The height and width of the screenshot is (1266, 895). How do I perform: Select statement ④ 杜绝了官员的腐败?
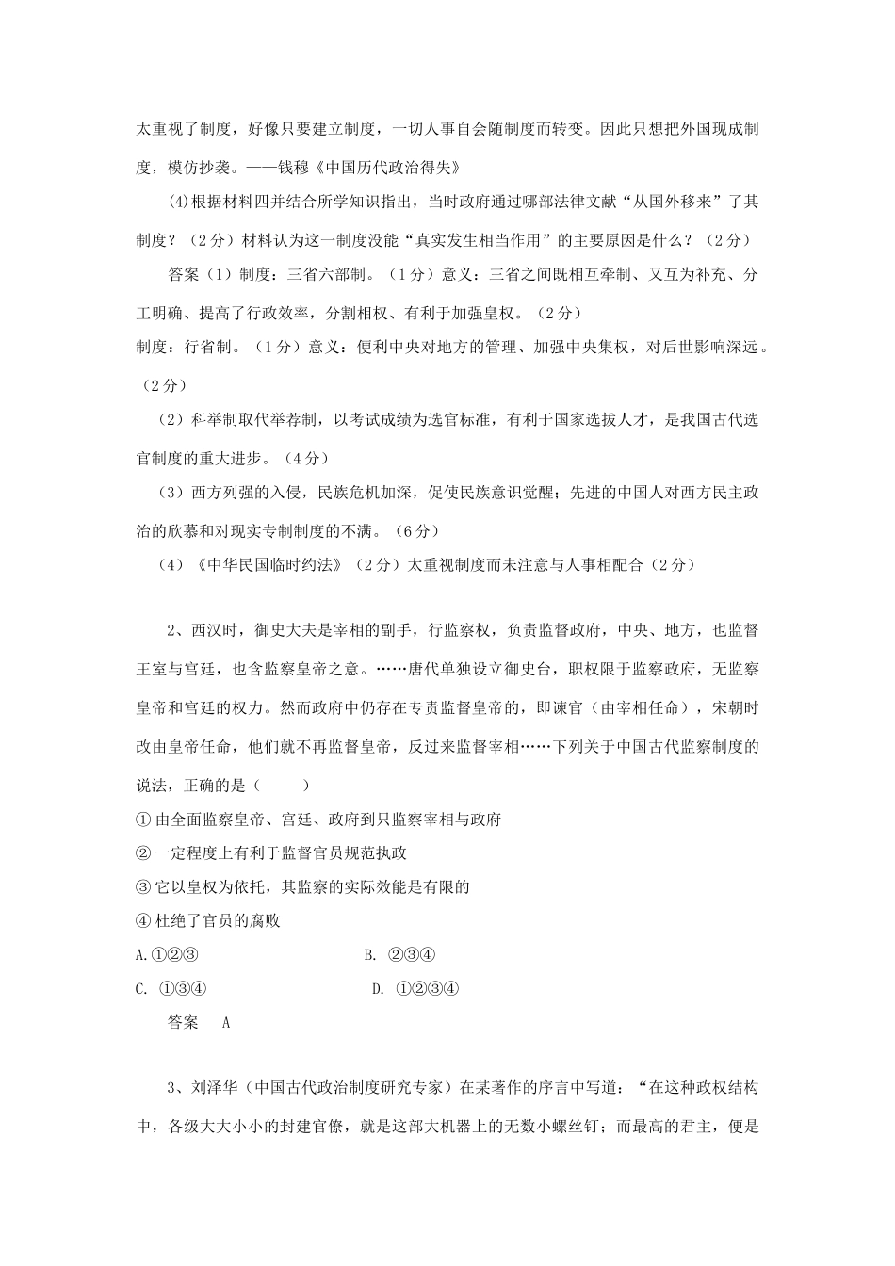(209, 920)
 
